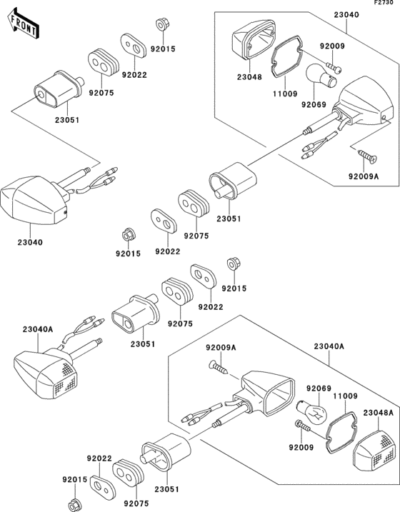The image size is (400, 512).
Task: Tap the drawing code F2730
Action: tap(384, 4)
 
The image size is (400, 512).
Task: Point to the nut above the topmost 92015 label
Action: tap(161, 24)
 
